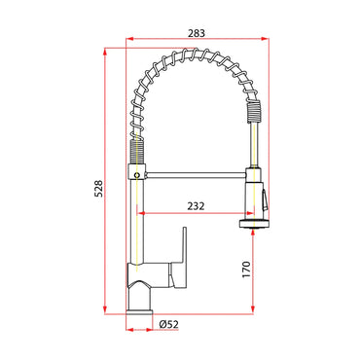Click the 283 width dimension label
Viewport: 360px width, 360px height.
(195, 34)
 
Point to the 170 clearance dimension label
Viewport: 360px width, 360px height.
(247, 268)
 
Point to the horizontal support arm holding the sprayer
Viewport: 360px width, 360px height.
(195, 175)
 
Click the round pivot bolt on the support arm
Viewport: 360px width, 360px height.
(137, 175)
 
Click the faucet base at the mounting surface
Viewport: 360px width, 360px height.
(137, 307)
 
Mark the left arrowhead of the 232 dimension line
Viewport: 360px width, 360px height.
(139, 214)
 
